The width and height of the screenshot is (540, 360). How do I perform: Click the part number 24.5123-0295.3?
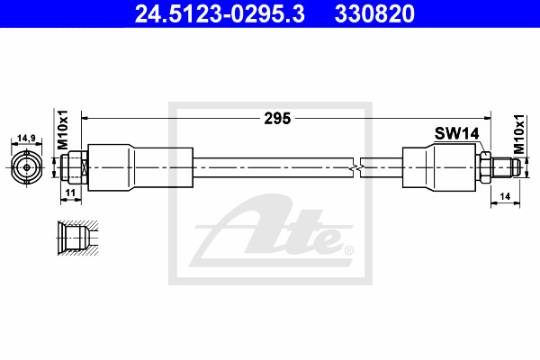tap(220, 13)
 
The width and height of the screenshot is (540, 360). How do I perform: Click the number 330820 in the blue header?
tap(374, 13)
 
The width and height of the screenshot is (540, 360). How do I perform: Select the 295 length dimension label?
tap(277, 119)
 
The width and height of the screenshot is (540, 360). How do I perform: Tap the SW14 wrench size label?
tap(456, 134)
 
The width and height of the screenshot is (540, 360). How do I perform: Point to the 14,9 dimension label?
tap(26, 138)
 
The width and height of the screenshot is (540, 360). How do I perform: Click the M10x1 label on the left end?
tap(63, 130)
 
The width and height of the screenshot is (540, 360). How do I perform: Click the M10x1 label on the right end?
tap(519, 134)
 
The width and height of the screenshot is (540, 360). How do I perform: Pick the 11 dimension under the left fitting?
tap(70, 193)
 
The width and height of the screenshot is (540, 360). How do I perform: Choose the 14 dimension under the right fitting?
tap(505, 196)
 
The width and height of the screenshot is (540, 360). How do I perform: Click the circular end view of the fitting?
tap(27, 167)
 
